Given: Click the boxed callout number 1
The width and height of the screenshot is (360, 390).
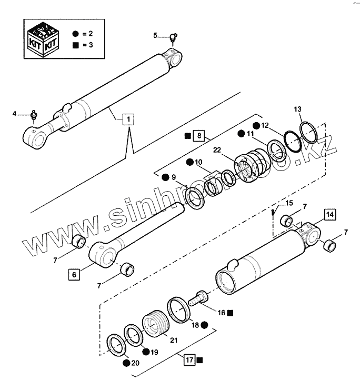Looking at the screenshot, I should pyautogui.click(x=127, y=119).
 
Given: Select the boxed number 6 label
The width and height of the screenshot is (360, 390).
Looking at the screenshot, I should pyautogui.click(x=74, y=274).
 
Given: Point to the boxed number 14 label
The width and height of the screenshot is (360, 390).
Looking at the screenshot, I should pyautogui.click(x=329, y=214).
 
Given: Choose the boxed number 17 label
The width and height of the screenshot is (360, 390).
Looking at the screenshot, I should pyautogui.click(x=189, y=360).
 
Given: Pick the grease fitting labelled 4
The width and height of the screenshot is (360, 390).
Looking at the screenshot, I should pyautogui.click(x=34, y=113).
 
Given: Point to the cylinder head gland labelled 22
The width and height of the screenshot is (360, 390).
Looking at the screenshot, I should pyautogui.click(x=252, y=168).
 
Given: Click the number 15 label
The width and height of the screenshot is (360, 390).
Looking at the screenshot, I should pyautogui.click(x=289, y=203).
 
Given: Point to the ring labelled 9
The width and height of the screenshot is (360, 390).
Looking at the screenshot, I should pyautogui.click(x=196, y=197).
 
